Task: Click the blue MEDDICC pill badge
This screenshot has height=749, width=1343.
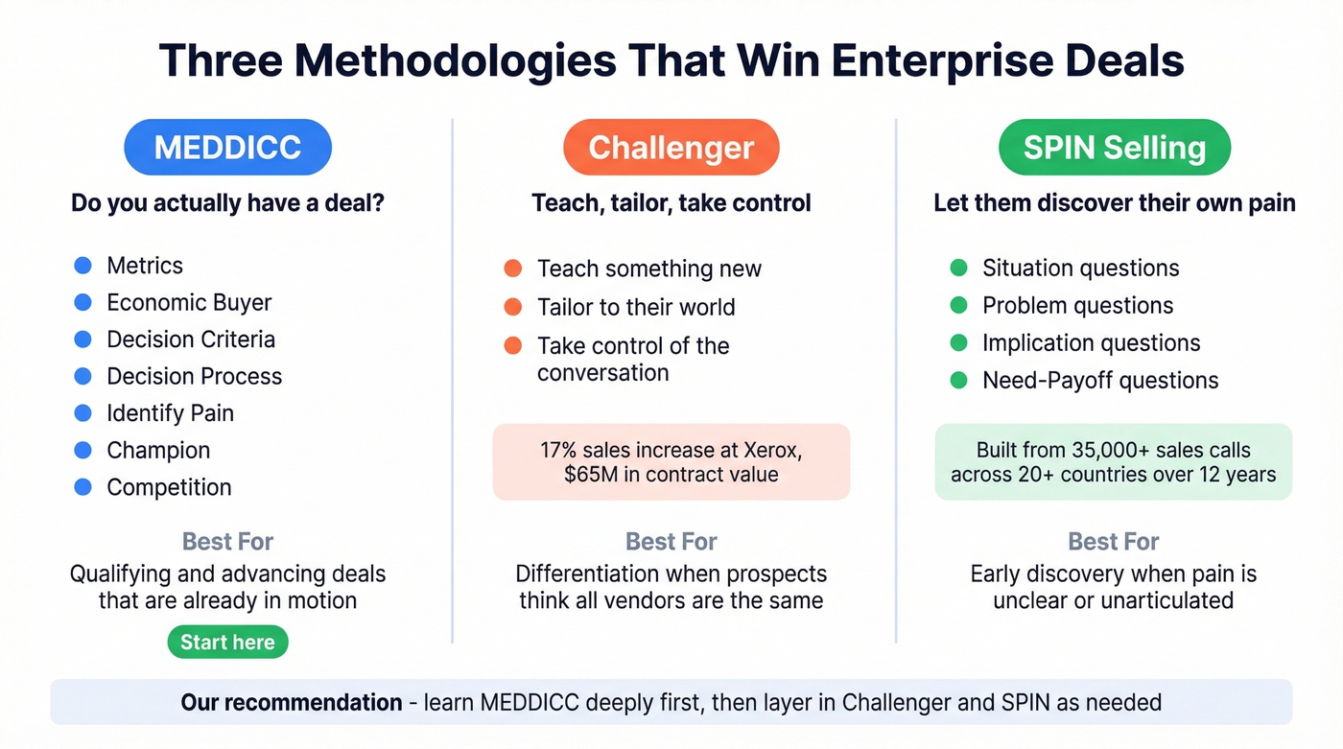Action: click(227, 148)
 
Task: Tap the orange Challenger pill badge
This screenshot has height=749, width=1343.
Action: click(671, 148)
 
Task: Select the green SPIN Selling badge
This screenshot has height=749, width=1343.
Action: click(1114, 148)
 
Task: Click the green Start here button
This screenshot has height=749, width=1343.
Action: click(227, 643)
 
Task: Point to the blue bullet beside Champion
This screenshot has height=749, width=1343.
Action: click(83, 450)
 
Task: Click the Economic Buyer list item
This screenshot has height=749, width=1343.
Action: click(189, 303)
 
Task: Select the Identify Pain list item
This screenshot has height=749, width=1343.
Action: click(170, 413)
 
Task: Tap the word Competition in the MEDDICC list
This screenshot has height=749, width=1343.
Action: click(169, 487)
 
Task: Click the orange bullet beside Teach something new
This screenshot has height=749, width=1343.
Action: click(513, 269)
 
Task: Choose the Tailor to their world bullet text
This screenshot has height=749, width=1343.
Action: click(635, 308)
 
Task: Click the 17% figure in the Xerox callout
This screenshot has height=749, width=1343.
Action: click(560, 449)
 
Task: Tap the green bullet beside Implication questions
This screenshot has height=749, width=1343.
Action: click(958, 342)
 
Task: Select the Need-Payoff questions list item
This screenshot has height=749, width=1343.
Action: click(1099, 381)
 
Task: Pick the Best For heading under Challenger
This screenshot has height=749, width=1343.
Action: click(671, 542)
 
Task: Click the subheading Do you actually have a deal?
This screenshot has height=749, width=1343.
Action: click(227, 203)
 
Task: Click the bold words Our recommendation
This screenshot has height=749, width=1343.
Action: click(291, 702)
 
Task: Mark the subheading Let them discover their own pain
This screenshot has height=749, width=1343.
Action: click(1114, 203)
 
